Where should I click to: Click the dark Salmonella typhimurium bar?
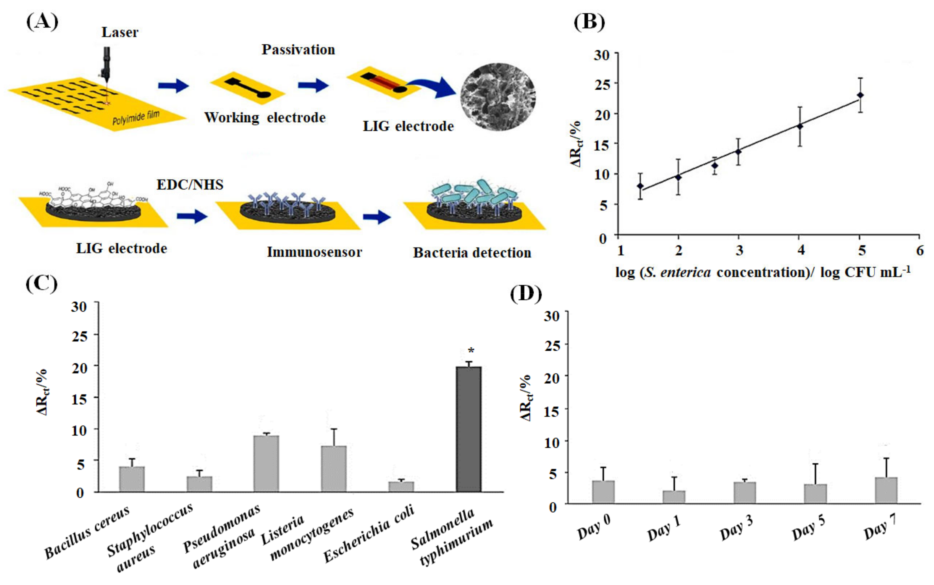click(x=468, y=429)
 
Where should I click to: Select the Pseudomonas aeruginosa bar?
click(x=266, y=464)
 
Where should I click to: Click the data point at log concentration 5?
click(x=860, y=95)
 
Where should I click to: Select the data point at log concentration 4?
click(x=800, y=126)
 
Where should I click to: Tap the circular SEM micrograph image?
click(x=498, y=97)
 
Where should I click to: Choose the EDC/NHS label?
click(x=190, y=185)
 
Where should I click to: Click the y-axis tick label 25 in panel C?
click(x=79, y=336)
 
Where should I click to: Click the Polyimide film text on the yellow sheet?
click(x=136, y=117)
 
